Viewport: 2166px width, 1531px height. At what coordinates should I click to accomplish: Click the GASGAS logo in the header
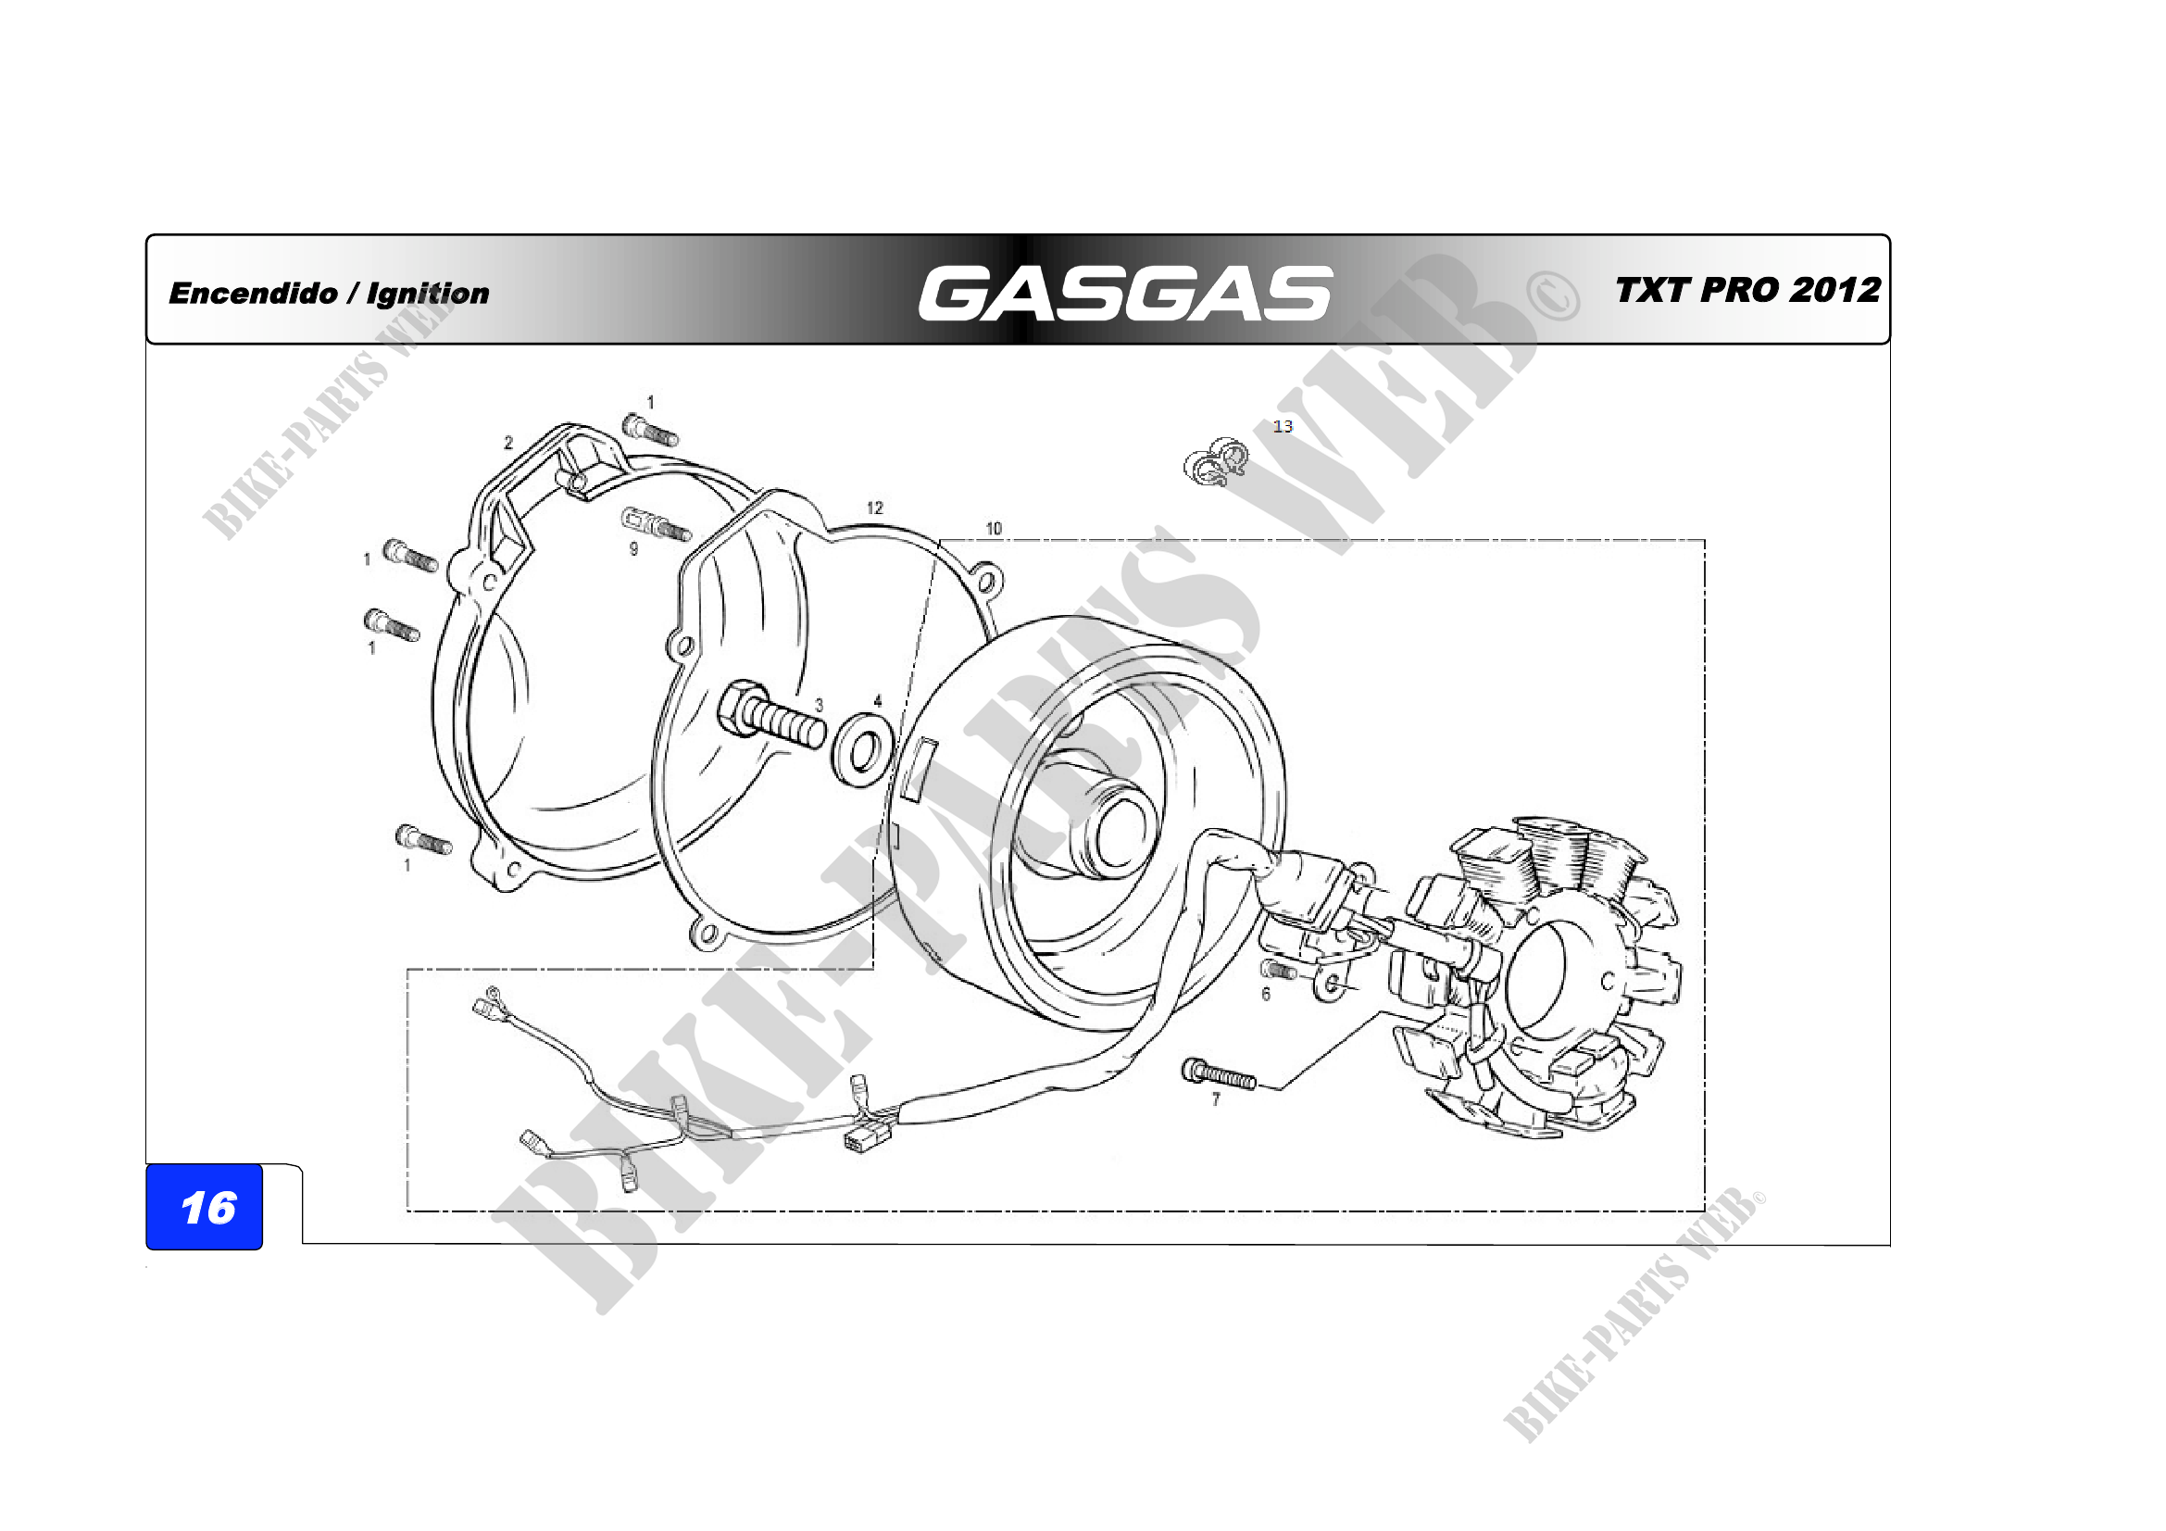click(x=1124, y=293)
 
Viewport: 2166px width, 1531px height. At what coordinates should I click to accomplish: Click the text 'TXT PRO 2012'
click(x=1747, y=290)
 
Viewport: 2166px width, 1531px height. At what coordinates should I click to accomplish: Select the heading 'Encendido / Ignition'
click(x=330, y=294)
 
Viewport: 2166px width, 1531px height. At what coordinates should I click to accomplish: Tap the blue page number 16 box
click(x=205, y=1208)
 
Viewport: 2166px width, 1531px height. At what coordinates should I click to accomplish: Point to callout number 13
click(x=1282, y=426)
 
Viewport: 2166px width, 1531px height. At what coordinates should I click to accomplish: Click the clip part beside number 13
click(x=1217, y=462)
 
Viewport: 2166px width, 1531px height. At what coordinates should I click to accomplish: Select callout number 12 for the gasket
click(x=874, y=508)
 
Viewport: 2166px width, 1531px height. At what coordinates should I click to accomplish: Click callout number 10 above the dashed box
click(x=994, y=528)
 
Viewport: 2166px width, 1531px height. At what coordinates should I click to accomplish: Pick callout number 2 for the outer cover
click(x=508, y=443)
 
